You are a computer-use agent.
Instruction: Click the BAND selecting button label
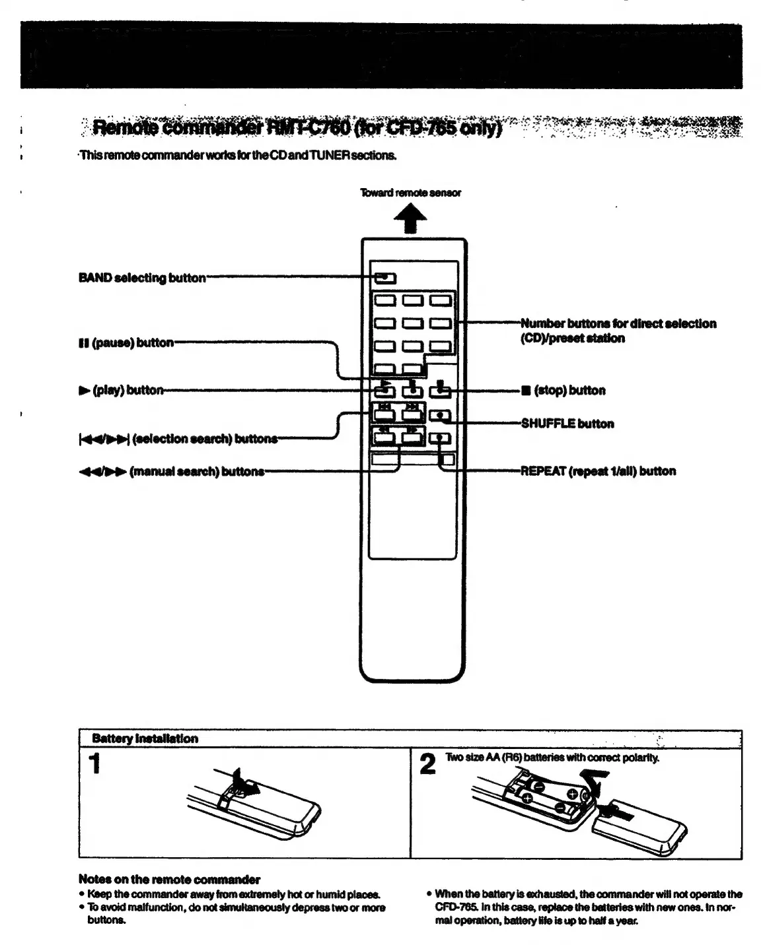pos(142,278)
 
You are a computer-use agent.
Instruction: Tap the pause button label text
pos(126,342)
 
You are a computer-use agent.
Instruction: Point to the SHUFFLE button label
pos(567,424)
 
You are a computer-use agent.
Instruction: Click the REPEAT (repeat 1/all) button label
pos(598,471)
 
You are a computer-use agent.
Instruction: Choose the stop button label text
pos(563,391)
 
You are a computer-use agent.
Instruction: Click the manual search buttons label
pos(171,471)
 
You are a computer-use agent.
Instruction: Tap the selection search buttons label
pos(178,439)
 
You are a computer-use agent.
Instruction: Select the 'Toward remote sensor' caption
pos(410,193)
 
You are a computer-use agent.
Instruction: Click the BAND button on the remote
pos(381,278)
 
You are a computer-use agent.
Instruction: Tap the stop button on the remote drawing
pos(440,391)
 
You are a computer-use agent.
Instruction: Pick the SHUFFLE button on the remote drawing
pos(440,416)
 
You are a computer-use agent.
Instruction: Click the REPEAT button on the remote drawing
pos(440,438)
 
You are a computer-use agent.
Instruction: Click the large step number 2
pos(428,765)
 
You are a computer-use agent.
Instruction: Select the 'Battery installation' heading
pos(145,738)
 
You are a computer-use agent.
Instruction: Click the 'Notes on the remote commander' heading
pos(169,879)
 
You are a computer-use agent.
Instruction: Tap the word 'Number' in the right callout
pos(543,323)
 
